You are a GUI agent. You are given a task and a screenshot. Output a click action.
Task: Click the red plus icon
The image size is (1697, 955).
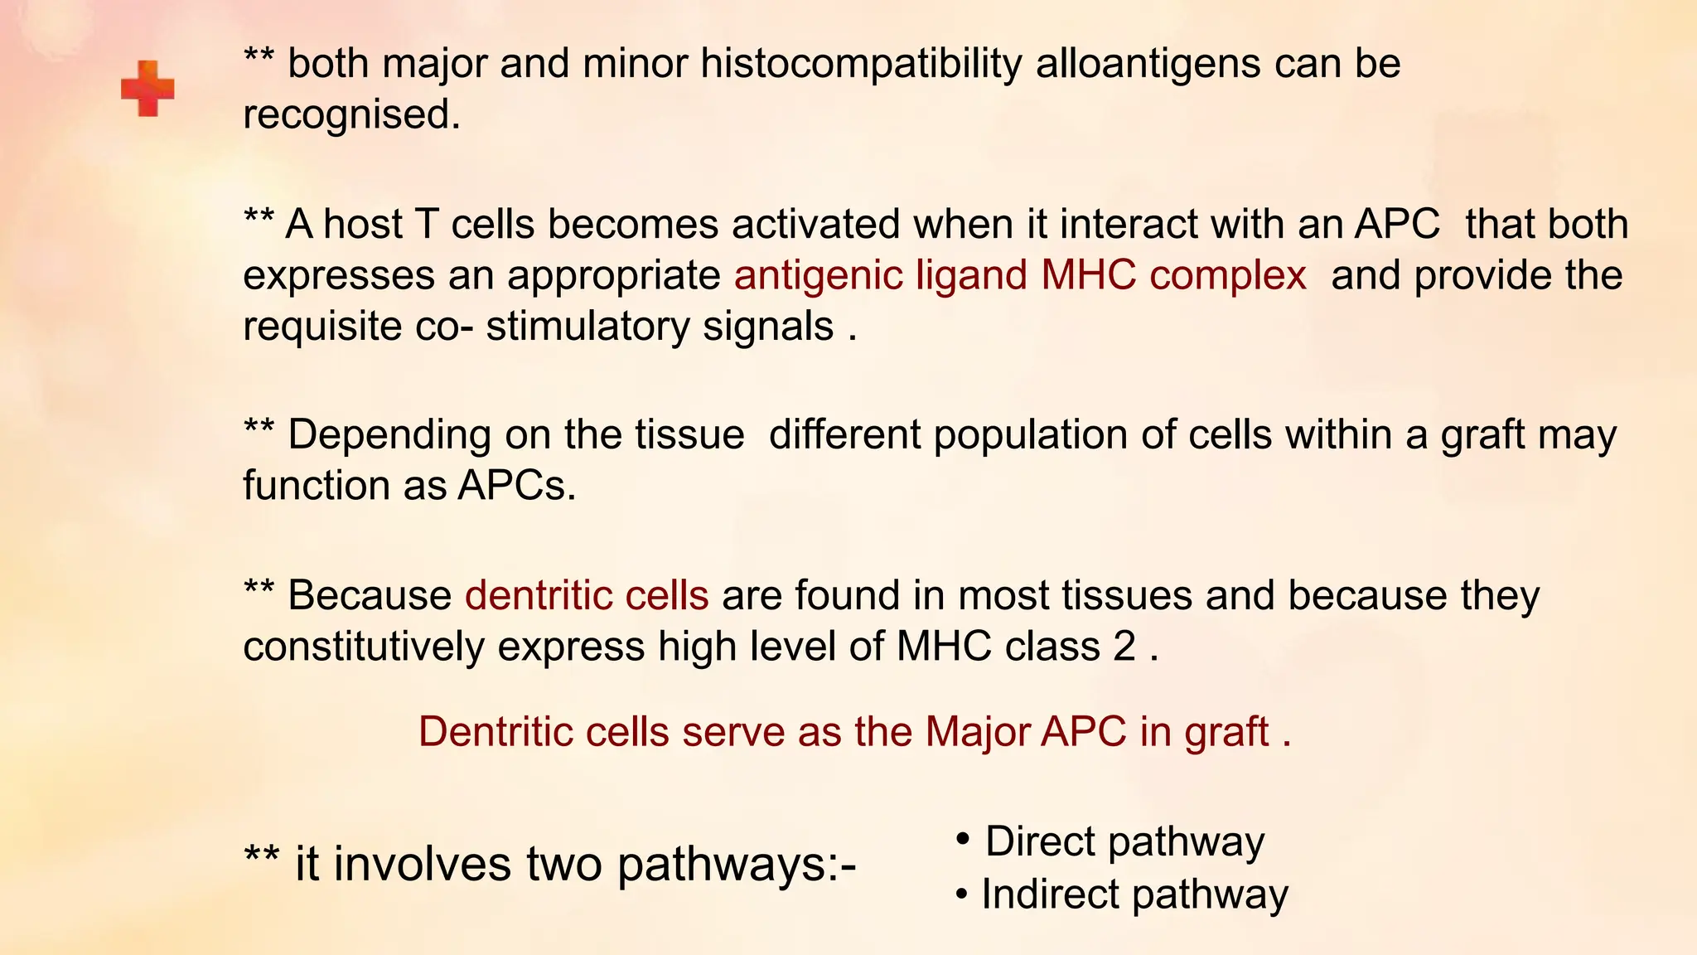(147, 88)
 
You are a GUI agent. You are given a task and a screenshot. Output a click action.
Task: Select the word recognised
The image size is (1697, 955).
(351, 114)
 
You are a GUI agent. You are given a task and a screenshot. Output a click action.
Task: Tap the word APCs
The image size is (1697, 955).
(515, 486)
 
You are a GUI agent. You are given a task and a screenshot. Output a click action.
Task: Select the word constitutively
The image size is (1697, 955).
(363, 647)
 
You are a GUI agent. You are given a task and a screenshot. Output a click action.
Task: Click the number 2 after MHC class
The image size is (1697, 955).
(1124, 647)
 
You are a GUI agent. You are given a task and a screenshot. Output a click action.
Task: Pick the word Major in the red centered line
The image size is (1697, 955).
(978, 732)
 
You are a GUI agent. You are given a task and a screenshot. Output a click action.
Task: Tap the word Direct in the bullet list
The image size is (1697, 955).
(1040, 841)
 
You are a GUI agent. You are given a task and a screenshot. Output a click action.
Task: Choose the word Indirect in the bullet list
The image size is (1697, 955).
(1050, 894)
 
